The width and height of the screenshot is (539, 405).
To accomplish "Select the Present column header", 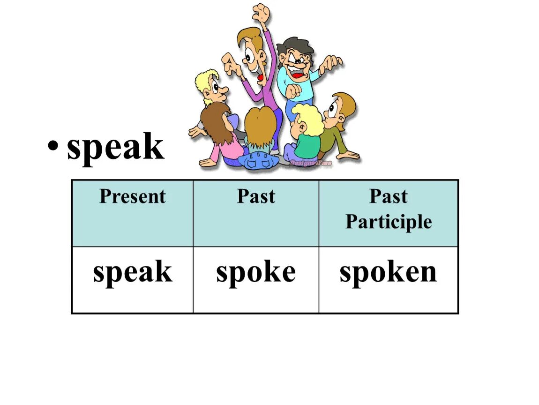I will pyautogui.click(x=132, y=196).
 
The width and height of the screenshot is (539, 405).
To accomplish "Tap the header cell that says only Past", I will pyautogui.click(x=256, y=196).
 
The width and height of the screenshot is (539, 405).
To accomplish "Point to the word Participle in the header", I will pyautogui.click(x=389, y=222).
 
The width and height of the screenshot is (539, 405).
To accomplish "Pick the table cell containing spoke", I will pyautogui.click(x=256, y=273).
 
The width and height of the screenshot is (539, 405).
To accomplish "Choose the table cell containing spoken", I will pyautogui.click(x=388, y=273).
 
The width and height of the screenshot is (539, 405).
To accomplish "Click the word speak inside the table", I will pyautogui.click(x=132, y=273).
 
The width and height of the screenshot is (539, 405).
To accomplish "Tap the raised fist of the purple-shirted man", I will pyautogui.click(x=261, y=14).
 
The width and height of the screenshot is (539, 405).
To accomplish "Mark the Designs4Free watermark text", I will pyautogui.click(x=311, y=163).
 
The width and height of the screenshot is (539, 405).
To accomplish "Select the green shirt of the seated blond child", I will pyautogui.click(x=306, y=146).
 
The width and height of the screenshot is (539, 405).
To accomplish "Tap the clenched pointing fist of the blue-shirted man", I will pyautogui.click(x=292, y=91).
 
